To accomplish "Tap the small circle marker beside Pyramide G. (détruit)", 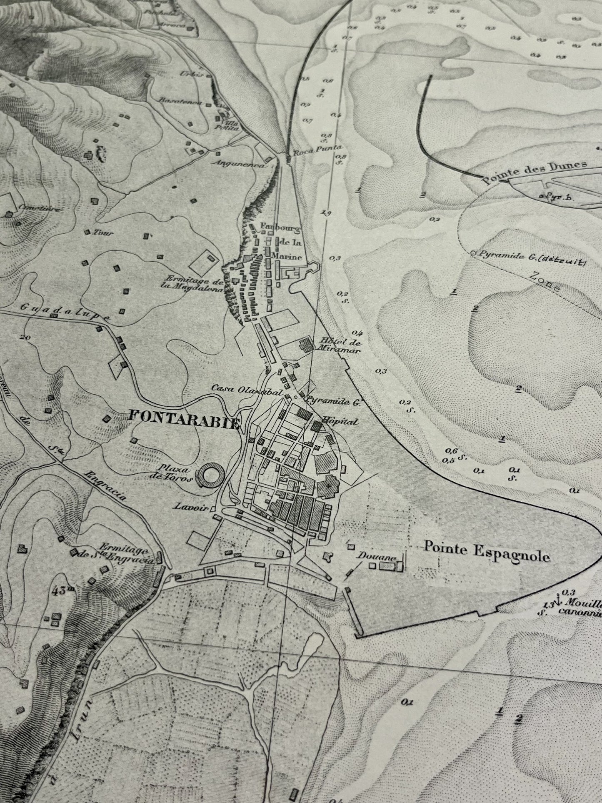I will pyautogui.click(x=473, y=253).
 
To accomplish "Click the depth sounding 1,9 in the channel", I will pyautogui.click(x=326, y=213).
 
